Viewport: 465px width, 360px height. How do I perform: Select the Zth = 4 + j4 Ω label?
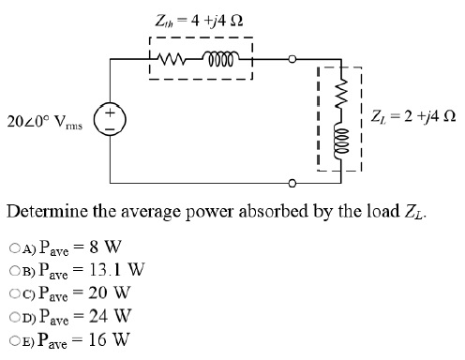click(x=199, y=18)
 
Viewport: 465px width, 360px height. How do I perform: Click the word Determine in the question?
click(x=46, y=209)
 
